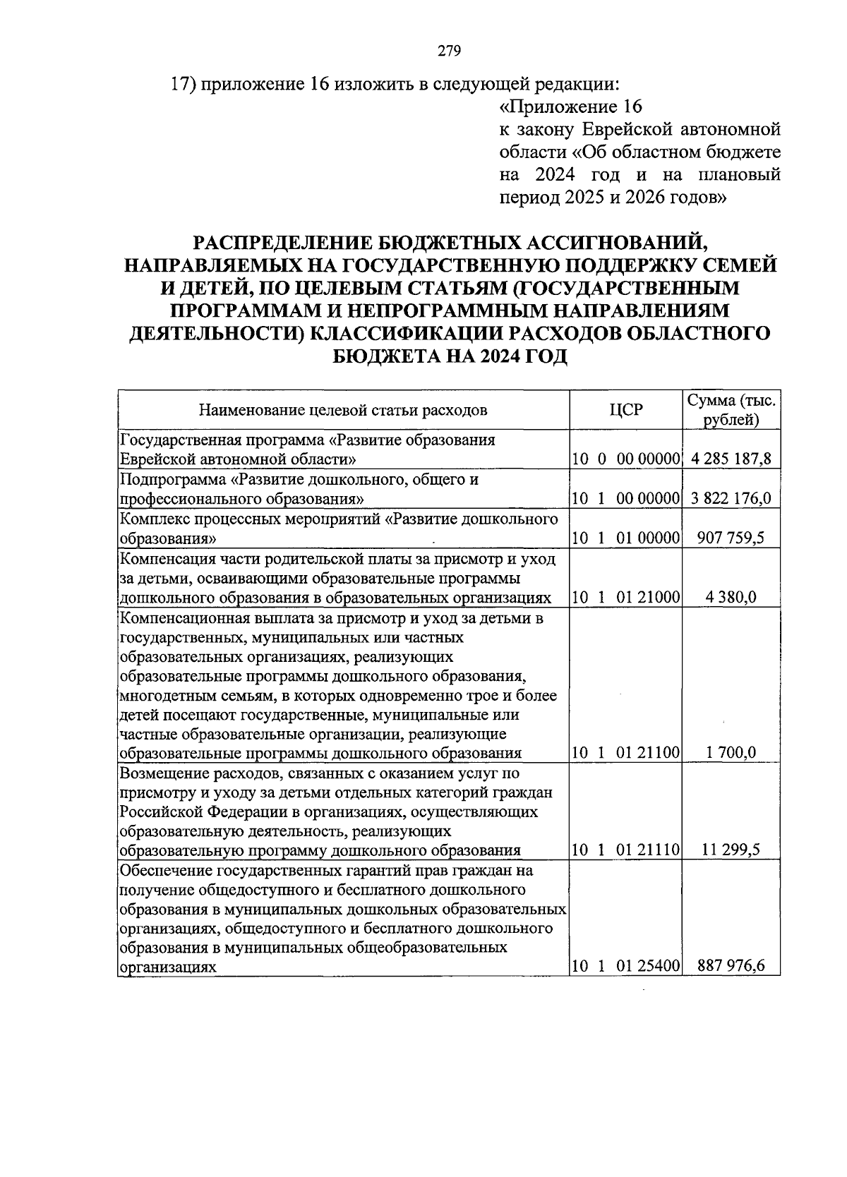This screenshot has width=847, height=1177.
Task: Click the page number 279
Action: (x=449, y=50)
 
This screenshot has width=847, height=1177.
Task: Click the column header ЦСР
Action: (x=625, y=410)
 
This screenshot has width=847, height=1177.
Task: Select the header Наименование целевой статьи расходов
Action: (x=343, y=410)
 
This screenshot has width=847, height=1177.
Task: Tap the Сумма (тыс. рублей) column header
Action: (x=731, y=410)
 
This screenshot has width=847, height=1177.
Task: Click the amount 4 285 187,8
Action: (x=731, y=459)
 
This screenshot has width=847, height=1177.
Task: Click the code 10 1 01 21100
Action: (x=625, y=753)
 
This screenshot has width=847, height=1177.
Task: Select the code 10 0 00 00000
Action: (x=625, y=459)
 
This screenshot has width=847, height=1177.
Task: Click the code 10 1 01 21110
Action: (x=625, y=850)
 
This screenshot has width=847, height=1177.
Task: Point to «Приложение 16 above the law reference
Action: (x=570, y=107)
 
